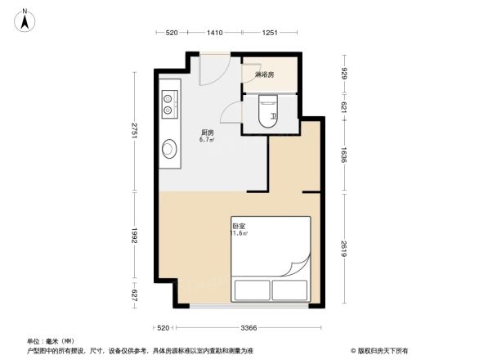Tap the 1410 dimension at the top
(x=214, y=33)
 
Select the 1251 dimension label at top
(x=271, y=33)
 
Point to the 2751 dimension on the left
(x=135, y=132)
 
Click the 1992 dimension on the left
(x=135, y=238)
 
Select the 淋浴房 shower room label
(x=264, y=75)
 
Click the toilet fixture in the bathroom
(x=266, y=110)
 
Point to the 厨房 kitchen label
(x=208, y=133)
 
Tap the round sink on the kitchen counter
(x=170, y=149)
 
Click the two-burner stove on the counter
(x=169, y=103)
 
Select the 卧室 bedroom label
(x=239, y=226)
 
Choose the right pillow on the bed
(x=289, y=290)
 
